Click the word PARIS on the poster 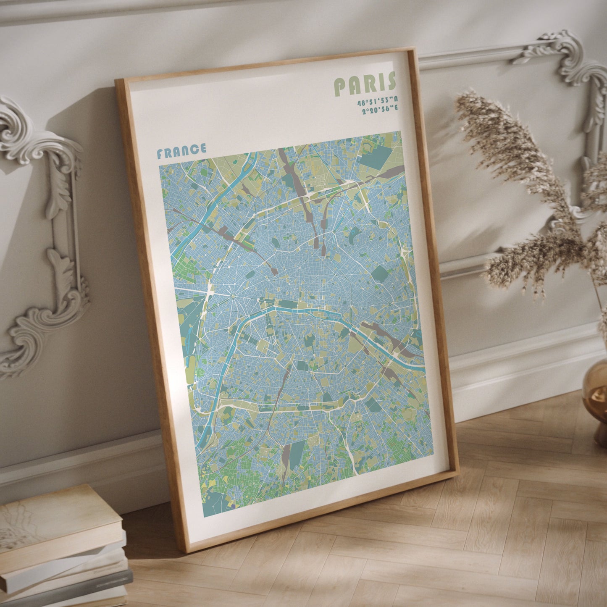[x=365, y=83]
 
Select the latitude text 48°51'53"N [x=377, y=102]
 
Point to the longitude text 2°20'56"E [x=380, y=110]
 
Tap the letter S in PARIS [x=391, y=81]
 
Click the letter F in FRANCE [x=160, y=154]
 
